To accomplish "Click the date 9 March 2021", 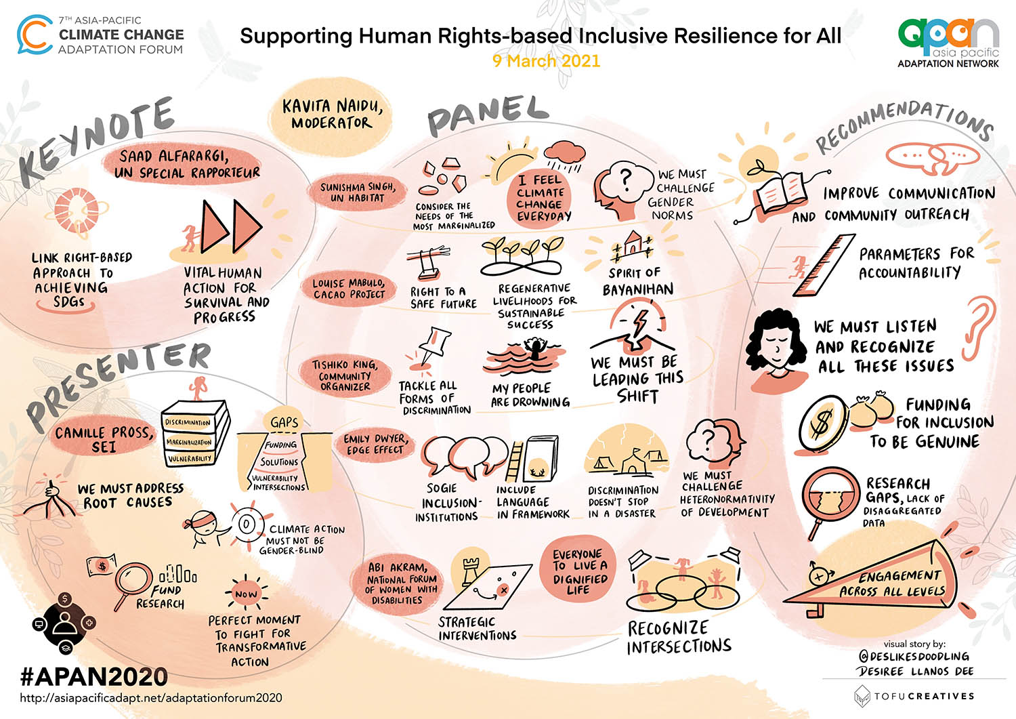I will point(546,61).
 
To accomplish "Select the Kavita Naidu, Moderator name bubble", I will point(332,114).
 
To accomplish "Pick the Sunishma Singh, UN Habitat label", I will point(357,192).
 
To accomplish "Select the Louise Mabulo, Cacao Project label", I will point(349,288).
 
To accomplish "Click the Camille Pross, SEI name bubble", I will point(104,439).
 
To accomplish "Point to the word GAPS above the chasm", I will point(284,422).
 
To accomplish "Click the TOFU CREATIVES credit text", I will point(924,696).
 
